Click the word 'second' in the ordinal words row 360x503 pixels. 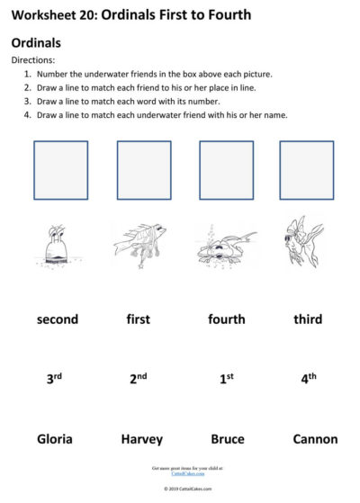[x=58, y=319]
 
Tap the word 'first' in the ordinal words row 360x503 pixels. [x=138, y=319]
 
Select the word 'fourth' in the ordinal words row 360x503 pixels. [x=226, y=319]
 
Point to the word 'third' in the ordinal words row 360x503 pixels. [x=308, y=319]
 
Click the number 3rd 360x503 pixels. [x=54, y=379]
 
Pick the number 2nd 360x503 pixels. [x=138, y=379]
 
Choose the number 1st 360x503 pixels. [x=227, y=379]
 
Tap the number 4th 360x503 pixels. [x=309, y=379]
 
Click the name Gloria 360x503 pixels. [x=55, y=439]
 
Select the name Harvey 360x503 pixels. [x=142, y=439]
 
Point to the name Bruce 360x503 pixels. [x=227, y=439]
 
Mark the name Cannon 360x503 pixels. [x=315, y=439]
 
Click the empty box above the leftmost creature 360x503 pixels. [x=60, y=170]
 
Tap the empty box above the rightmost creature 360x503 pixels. [x=306, y=170]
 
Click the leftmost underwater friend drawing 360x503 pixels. [x=57, y=244]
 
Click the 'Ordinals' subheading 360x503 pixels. [x=36, y=42]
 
